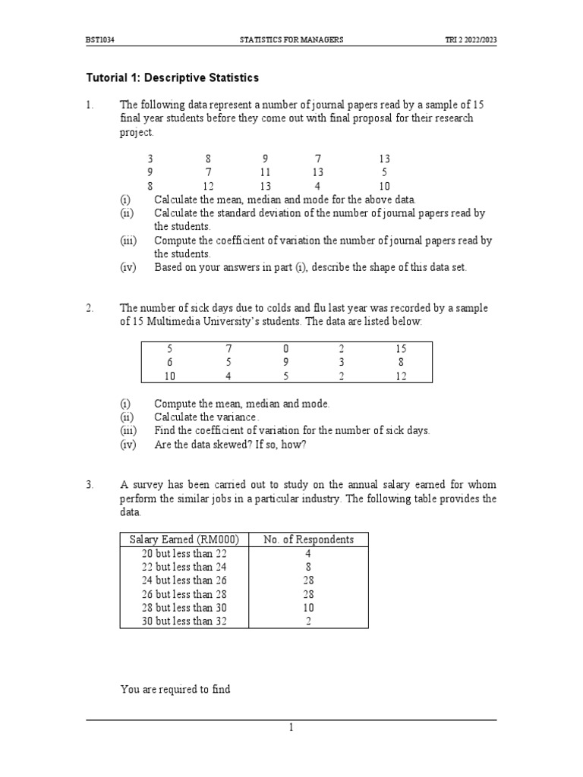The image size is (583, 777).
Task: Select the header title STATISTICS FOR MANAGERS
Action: click(x=291, y=39)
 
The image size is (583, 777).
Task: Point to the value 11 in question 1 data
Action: click(x=265, y=172)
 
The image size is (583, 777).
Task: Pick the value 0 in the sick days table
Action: click(x=286, y=348)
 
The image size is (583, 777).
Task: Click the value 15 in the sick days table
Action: click(x=400, y=348)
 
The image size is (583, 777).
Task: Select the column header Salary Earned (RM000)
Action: click(x=184, y=539)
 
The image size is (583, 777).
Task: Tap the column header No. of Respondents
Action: click(x=308, y=539)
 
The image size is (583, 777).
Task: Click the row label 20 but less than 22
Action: click(x=184, y=553)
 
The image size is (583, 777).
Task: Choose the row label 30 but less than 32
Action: click(x=184, y=621)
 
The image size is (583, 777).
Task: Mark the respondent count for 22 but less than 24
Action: click(x=308, y=567)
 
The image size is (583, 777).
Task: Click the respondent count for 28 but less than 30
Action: click(x=308, y=608)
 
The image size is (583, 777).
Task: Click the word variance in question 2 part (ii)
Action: click(x=238, y=417)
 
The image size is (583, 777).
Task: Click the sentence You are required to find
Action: click(x=175, y=689)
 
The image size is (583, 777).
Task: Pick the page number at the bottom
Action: click(x=291, y=728)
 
